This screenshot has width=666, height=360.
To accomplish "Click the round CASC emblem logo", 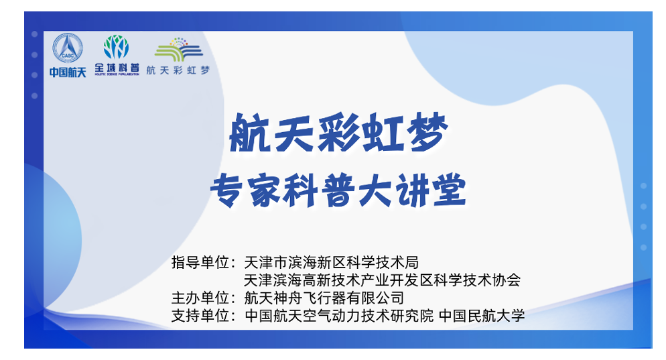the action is (68, 48).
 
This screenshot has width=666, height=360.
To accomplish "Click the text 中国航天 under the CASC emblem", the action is (68, 72).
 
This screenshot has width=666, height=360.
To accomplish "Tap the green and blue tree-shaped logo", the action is (117, 47).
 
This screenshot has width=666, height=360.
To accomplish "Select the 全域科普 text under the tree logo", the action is (117, 68).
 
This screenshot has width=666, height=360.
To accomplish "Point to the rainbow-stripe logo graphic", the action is (179, 50).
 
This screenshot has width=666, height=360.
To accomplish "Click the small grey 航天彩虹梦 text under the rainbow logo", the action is (178, 70).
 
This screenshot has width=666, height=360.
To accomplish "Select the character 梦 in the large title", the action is (426, 133).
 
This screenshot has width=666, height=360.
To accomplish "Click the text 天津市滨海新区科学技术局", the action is (332, 262).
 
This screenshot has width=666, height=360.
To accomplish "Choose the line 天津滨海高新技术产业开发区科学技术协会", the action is (383, 280).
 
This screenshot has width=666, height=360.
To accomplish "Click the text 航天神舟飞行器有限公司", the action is (324, 298).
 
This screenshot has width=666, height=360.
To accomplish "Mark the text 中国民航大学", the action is (482, 316).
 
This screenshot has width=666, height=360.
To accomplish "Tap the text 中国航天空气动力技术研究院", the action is (339, 316).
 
